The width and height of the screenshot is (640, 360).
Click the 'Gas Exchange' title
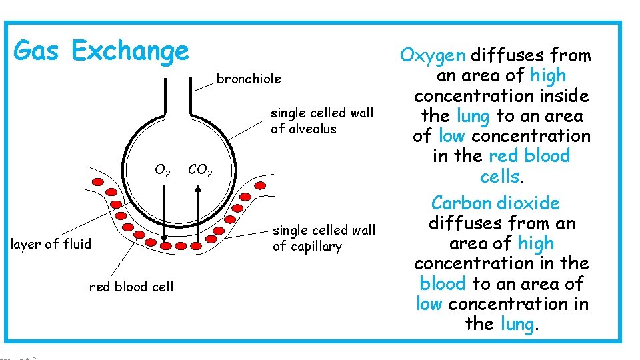(101, 51)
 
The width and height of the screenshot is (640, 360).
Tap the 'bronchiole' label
(249, 79)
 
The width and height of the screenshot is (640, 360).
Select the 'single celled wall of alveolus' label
(322, 121)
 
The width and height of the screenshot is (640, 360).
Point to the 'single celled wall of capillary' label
(324, 238)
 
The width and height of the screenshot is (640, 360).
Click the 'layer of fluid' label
(51, 244)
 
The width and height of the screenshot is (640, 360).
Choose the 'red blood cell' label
(131, 287)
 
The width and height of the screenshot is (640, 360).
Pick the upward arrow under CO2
(198, 213)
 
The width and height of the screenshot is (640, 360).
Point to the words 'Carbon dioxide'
(495, 203)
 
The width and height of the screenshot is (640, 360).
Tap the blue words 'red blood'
(529, 156)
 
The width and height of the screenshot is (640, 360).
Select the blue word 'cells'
(499, 177)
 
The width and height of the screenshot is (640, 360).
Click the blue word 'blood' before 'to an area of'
(443, 284)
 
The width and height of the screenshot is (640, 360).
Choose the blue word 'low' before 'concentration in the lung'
(429, 304)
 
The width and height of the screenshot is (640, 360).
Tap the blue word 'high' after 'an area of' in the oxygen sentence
(548, 75)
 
